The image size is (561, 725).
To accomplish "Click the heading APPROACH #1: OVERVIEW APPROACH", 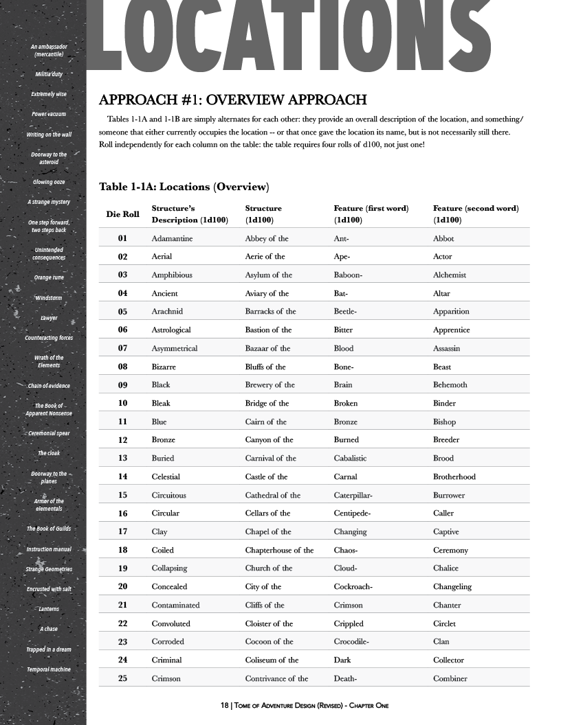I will pos(233,100).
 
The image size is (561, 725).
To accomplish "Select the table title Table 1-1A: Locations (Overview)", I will pos(184,187).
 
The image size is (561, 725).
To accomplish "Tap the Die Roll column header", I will pos(122,214).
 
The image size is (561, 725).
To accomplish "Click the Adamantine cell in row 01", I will pos(172,238).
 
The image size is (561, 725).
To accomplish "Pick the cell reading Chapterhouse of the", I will pos(279,550).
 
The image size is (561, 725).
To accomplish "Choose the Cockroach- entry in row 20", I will pos(353,587).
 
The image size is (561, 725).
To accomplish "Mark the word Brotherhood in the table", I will pos(454,476).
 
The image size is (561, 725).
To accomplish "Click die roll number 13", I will pos(122,458).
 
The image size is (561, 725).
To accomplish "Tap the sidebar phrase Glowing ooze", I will pos(48,182).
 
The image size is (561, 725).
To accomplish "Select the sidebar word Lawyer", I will pos(49,318).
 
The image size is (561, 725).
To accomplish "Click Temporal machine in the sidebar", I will pos(48,669).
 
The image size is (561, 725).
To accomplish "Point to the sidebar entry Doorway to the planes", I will pos(49,477).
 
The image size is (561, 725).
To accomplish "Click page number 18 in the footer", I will pos(224,706).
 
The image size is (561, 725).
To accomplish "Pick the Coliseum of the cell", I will pos(272,660).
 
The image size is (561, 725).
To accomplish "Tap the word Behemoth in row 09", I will pos(450,385).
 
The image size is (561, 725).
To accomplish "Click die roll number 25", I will pos(122,678).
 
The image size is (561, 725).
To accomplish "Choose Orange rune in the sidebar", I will pos(48,278).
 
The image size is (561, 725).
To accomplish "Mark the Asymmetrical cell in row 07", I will pos(174,348).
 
